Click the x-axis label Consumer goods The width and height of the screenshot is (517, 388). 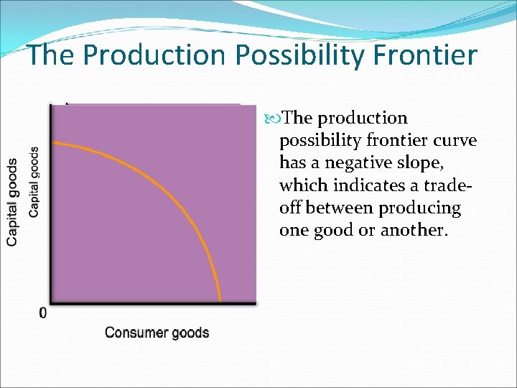tap(157, 333)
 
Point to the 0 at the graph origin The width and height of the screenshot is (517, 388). tap(43, 313)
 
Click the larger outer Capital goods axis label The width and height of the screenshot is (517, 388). tap(13, 202)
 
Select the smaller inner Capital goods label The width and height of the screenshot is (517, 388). tap(34, 182)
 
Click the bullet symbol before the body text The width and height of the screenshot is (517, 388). tap(276, 118)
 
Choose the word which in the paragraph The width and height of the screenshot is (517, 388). tap(301, 185)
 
